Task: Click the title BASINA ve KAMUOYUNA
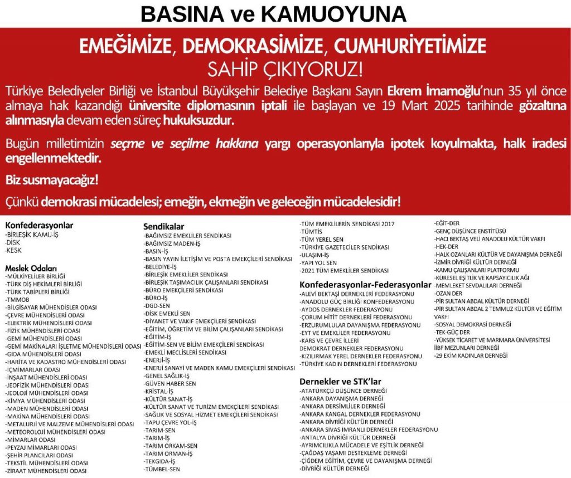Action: coord(274,14)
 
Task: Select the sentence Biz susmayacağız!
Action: coord(43,181)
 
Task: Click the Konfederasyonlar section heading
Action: coord(39,226)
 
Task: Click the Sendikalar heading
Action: coord(163,227)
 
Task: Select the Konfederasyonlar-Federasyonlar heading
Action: coord(365,285)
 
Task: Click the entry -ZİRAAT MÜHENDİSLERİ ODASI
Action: coord(45,471)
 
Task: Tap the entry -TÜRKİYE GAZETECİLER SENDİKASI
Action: coord(344,247)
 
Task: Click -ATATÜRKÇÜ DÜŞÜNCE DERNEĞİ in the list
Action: coord(343,391)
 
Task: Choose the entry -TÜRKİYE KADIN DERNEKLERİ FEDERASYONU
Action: coord(358,364)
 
